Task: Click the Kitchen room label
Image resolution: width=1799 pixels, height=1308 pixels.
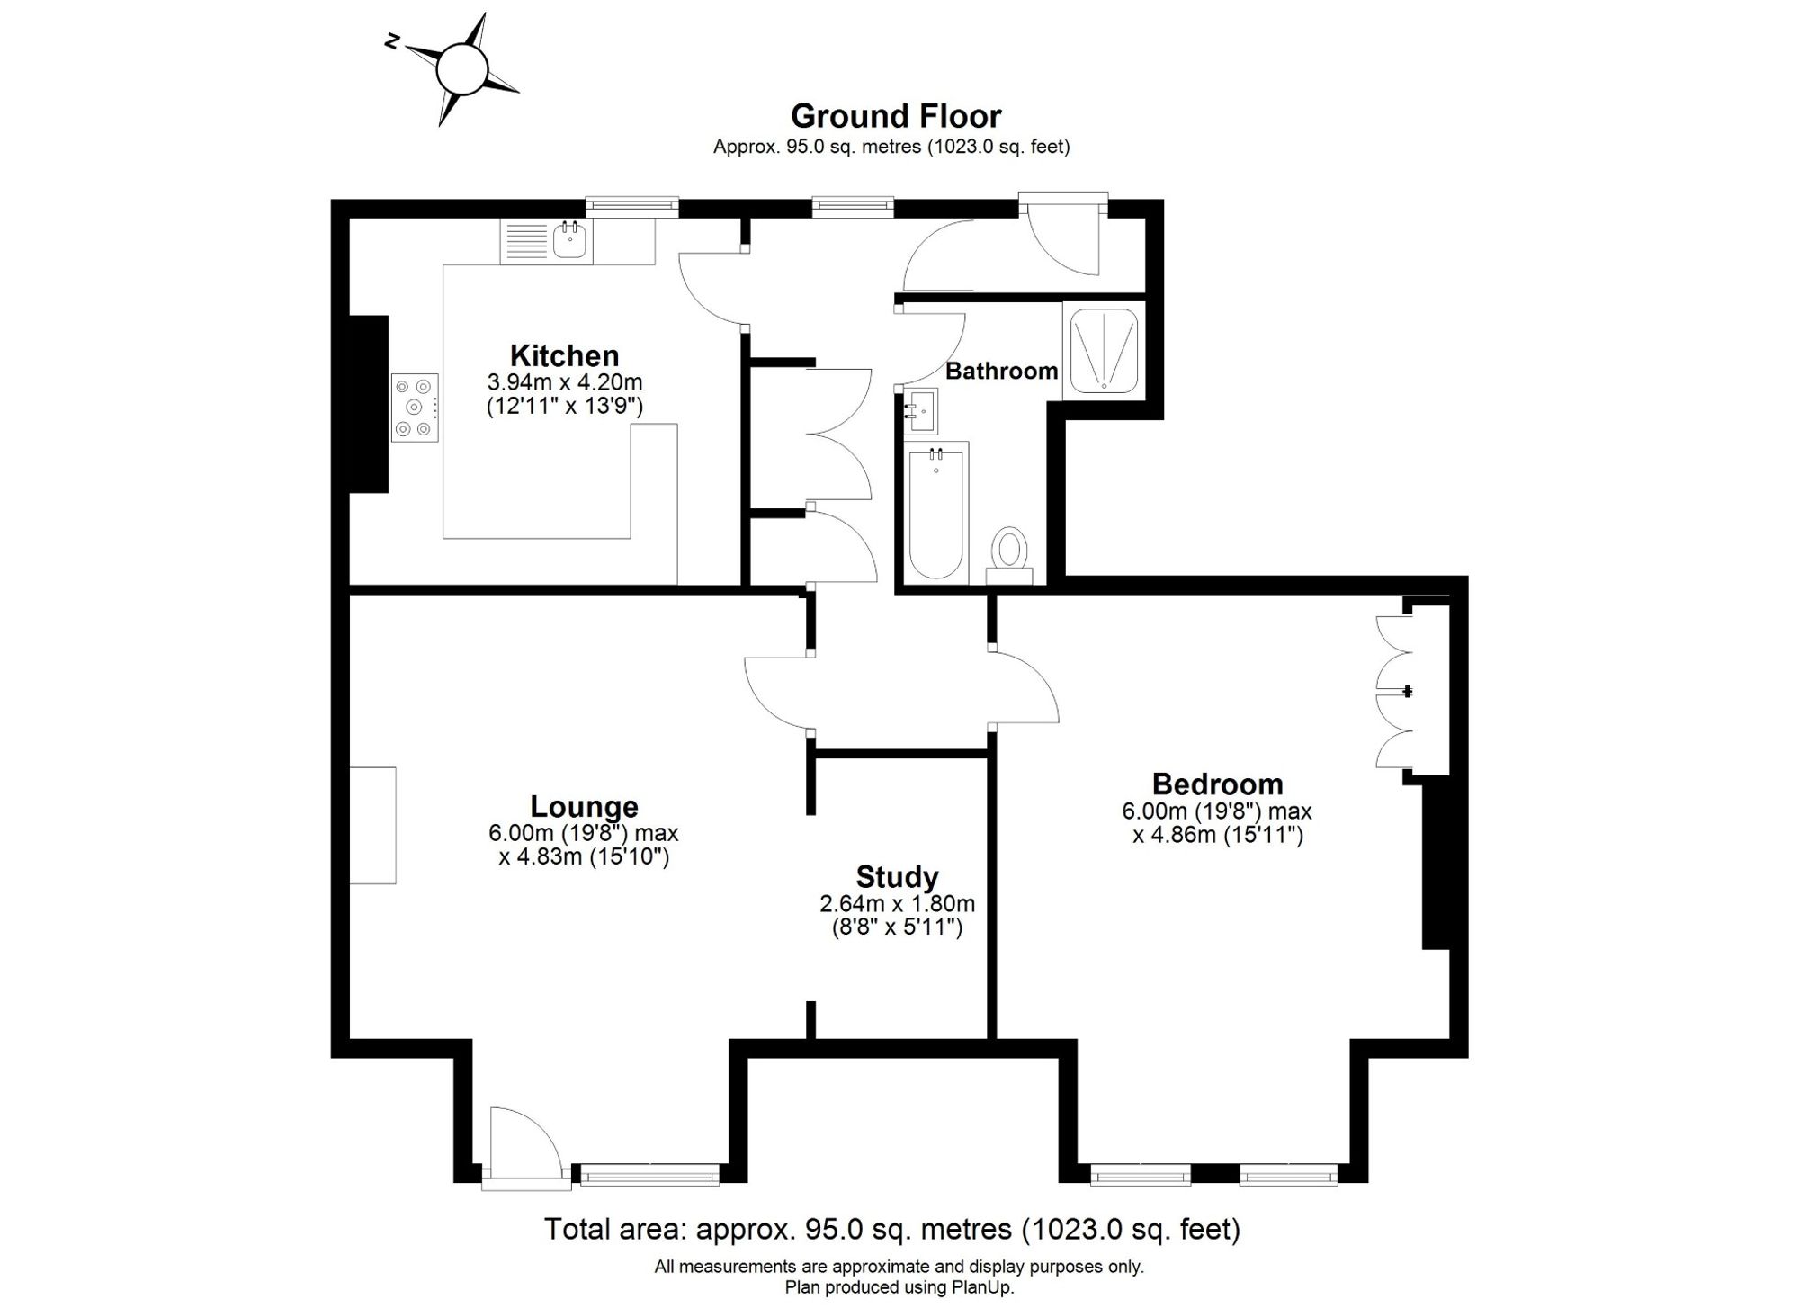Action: [564, 354]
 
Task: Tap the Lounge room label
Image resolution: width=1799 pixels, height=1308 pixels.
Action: [584, 806]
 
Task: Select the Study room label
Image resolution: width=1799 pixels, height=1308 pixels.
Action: [897, 876]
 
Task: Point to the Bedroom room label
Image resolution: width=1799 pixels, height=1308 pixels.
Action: [1217, 784]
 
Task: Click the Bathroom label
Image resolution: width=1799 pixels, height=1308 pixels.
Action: [1001, 371]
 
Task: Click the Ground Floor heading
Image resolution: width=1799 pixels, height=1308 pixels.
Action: [896, 116]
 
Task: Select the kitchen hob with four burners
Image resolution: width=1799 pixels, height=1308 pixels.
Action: [415, 408]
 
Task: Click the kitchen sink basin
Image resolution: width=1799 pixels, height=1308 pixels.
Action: [570, 241]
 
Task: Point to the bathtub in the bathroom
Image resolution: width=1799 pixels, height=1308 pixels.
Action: [935, 511]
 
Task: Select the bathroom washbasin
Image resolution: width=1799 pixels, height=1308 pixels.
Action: [920, 411]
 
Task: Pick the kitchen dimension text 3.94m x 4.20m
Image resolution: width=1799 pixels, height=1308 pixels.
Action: [565, 381]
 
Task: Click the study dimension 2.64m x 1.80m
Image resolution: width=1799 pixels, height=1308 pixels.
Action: [897, 903]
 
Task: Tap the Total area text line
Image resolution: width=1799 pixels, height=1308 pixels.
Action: [892, 1228]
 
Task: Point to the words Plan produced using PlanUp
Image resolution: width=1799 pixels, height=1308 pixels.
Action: [899, 1287]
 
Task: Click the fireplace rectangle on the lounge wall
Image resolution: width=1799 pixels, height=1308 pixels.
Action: [372, 825]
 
